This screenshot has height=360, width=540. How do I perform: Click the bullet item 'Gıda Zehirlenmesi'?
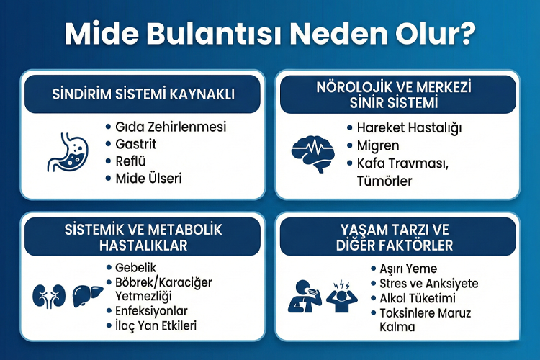[171, 127]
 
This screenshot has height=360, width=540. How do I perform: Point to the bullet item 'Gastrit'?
[136, 144]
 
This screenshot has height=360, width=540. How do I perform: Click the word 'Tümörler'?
[385, 181]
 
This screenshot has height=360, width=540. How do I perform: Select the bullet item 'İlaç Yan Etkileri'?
[156, 325]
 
